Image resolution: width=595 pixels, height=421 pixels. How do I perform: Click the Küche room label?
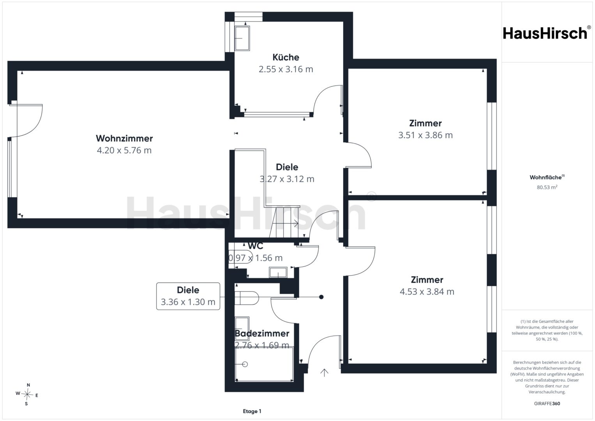286,57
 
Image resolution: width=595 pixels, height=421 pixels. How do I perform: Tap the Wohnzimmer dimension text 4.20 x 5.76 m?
124,150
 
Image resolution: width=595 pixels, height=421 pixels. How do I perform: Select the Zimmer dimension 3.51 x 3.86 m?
425,135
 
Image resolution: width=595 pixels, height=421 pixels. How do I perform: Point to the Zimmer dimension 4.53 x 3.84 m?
427,292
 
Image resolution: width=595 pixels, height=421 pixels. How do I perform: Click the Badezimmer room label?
262,333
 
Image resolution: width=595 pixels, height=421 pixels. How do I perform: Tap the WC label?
255,246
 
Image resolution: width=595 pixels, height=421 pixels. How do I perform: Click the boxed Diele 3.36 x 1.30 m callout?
188,296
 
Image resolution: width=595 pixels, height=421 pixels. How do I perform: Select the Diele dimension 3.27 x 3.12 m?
287,179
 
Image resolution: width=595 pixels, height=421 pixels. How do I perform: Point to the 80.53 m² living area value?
547,187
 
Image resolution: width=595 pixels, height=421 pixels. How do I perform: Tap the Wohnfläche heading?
547,177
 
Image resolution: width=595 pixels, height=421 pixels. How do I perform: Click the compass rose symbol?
27,394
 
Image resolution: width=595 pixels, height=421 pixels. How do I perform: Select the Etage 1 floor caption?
252,411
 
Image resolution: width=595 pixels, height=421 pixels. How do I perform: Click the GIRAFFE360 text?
547,403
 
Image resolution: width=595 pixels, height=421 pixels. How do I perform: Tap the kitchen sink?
242,38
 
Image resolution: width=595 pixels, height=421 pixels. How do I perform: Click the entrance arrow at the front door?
324,373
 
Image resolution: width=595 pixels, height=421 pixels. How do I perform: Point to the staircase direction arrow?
286,223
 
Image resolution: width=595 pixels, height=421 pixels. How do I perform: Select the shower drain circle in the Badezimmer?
245,364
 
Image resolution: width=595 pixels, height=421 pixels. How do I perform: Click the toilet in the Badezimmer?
247,298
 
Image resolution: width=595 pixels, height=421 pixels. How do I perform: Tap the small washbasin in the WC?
278,272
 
